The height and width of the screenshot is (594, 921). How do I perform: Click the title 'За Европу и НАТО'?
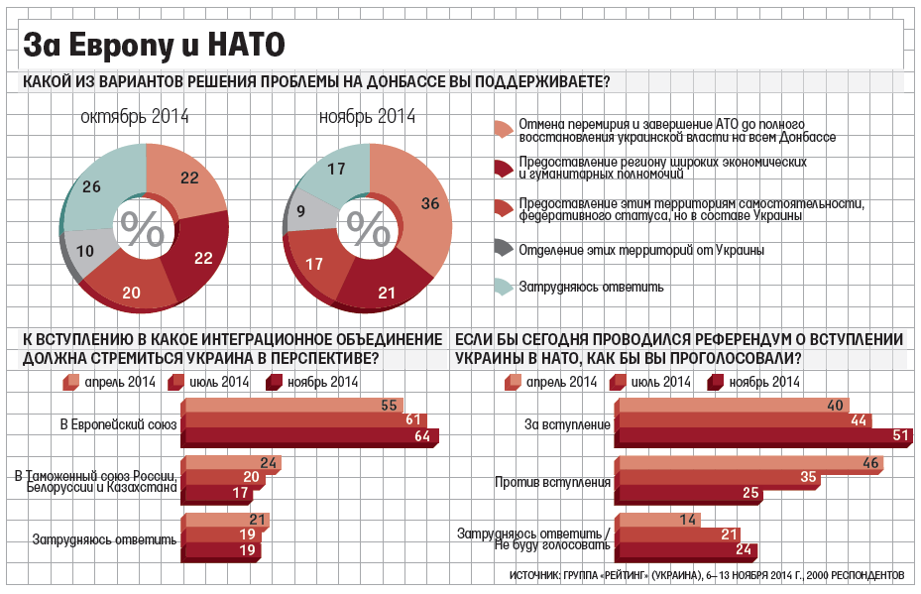[x=154, y=45]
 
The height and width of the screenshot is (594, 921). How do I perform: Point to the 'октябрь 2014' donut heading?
[x=136, y=117]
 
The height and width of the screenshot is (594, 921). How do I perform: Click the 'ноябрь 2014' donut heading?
[x=367, y=117]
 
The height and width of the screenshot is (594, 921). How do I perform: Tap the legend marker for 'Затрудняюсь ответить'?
[x=503, y=287]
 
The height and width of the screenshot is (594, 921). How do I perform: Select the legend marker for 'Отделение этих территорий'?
[x=503, y=249]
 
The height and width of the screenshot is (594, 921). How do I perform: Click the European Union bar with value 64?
[x=309, y=435]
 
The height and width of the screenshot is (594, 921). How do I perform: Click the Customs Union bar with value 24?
[x=230, y=463]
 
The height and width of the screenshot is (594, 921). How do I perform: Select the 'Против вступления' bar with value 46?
[x=748, y=463]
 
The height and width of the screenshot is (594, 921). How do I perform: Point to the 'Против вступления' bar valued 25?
[x=689, y=493]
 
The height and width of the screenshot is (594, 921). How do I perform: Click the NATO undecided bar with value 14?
[x=656, y=520]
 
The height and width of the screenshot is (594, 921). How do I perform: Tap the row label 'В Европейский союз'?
[x=118, y=424]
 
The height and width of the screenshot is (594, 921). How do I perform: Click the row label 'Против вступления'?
[x=551, y=483]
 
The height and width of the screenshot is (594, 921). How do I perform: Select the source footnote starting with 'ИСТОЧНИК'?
[x=706, y=575]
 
